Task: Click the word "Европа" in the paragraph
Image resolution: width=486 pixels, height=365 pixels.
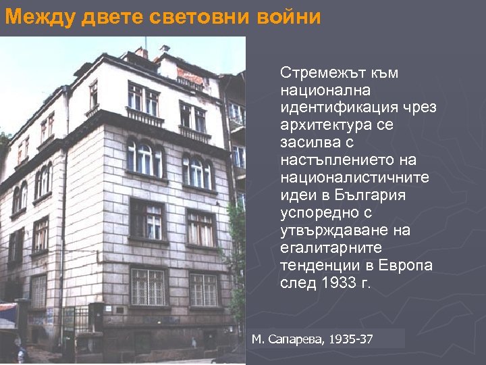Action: coord(406,266)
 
